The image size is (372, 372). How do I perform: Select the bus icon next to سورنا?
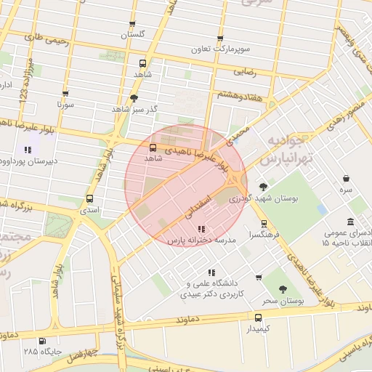66,94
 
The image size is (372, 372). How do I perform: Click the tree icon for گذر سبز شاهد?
134,97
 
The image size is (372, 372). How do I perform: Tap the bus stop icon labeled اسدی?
90,198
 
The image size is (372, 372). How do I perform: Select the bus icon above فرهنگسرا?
263,224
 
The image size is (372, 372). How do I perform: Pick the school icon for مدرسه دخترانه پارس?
201,229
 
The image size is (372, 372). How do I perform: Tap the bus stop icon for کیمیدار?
258,318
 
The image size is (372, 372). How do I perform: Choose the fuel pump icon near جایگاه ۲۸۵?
41,341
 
